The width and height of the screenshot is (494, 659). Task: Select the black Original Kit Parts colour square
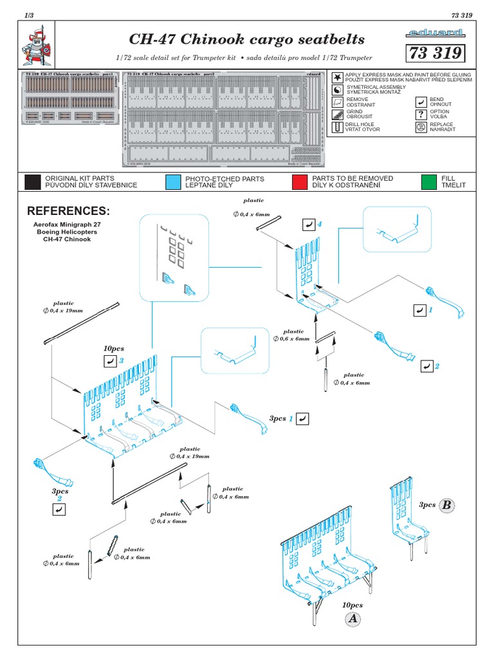pos(32,181)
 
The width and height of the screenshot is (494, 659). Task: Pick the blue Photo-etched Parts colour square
pos(173,181)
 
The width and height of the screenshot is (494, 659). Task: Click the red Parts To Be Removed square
pos(299,181)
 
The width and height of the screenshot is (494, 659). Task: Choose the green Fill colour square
pos(428,181)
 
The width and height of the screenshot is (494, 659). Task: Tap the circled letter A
pos(352,619)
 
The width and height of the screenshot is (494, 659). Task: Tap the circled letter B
pos(446,505)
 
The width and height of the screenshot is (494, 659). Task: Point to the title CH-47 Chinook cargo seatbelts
pos(239,39)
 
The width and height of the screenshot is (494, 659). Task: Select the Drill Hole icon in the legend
pos(337,127)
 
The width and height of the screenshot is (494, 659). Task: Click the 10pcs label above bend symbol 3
pos(113,348)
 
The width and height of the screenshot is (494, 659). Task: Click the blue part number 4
pos(319,223)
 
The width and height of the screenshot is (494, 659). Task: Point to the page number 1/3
pos(28,14)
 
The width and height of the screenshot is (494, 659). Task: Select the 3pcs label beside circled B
pos(427,505)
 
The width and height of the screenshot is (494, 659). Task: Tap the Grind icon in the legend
pos(337,115)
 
